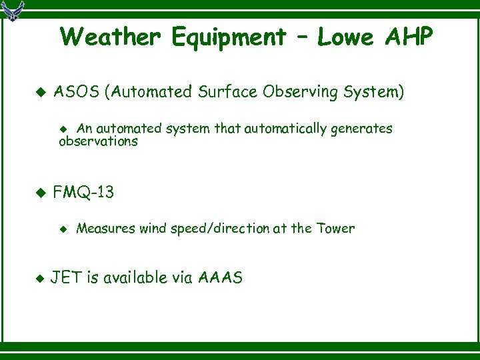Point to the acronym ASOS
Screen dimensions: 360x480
[x=76, y=91]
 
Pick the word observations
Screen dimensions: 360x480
[x=98, y=141]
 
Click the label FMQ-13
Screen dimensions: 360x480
[x=83, y=193]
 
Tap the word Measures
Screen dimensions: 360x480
[x=106, y=229]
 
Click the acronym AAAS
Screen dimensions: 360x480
[x=221, y=278]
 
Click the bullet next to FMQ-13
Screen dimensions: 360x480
[x=39, y=193]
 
